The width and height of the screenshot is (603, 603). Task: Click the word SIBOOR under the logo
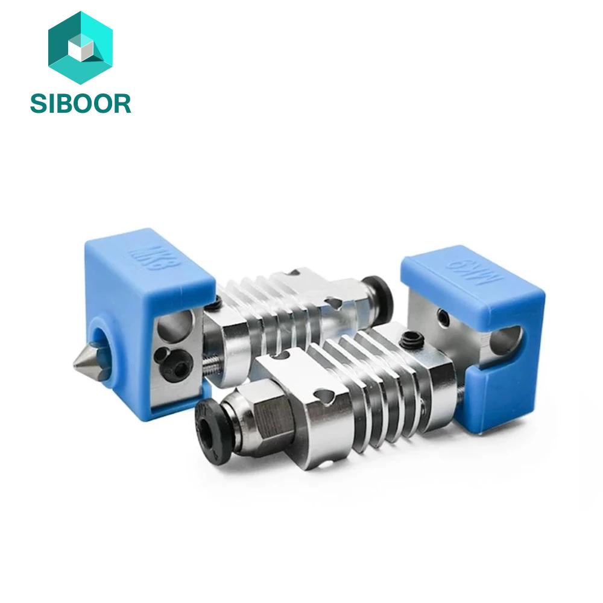click(80, 104)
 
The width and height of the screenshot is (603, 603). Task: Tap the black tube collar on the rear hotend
click(379, 295)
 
